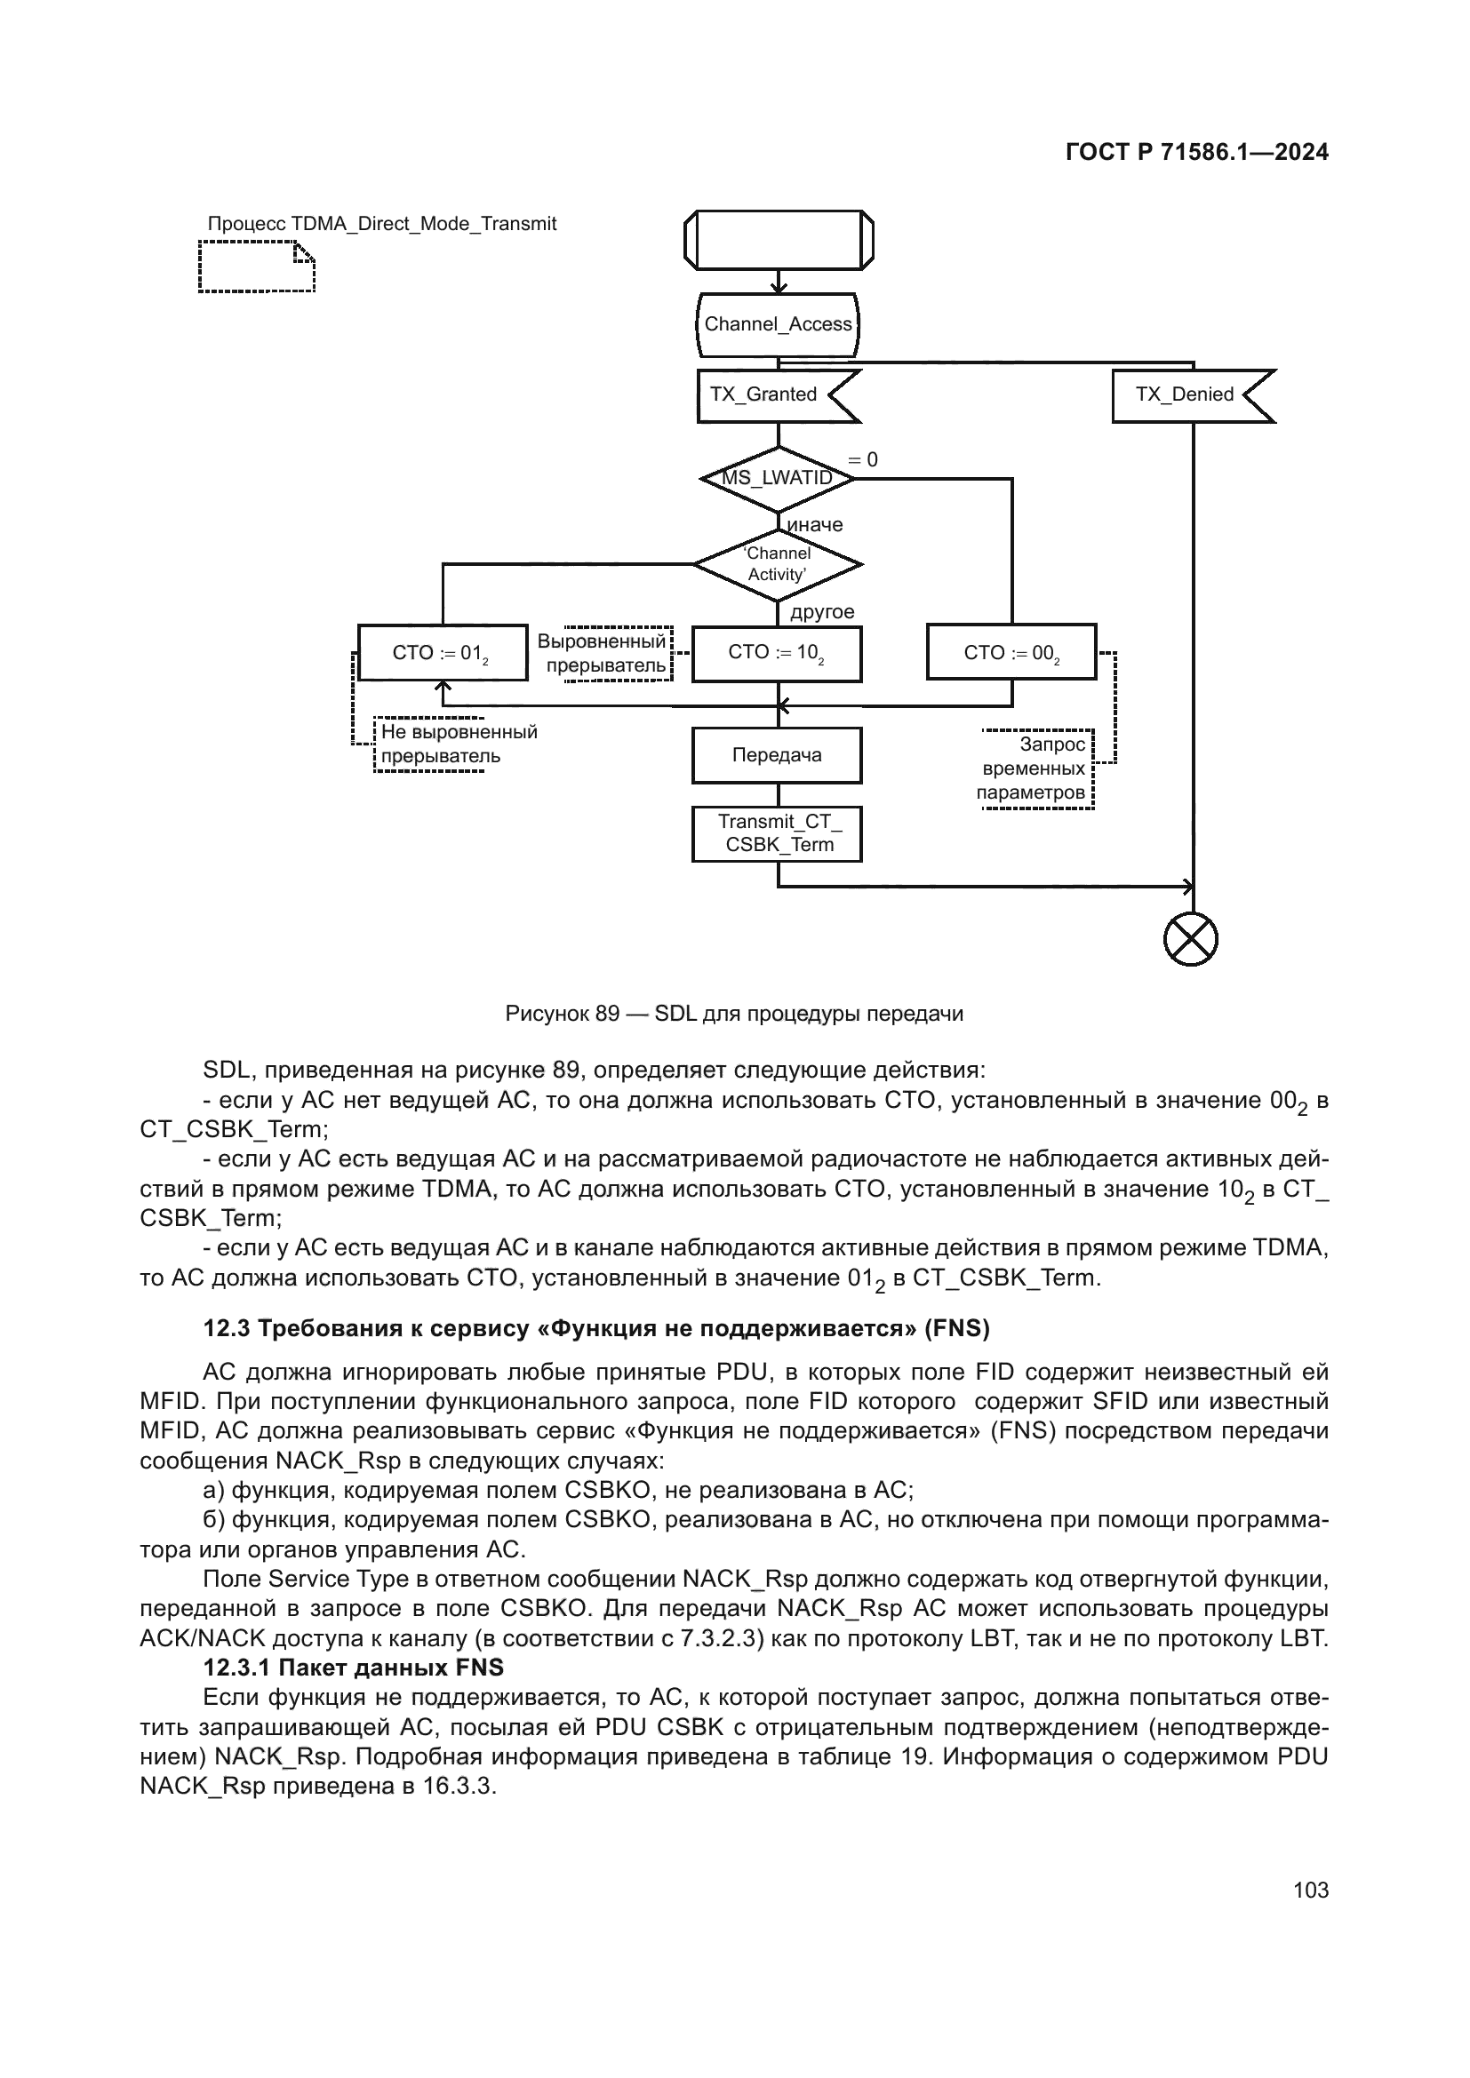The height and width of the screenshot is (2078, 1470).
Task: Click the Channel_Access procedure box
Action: tap(778, 324)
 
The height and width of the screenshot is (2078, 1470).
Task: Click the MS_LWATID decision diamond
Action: tap(778, 478)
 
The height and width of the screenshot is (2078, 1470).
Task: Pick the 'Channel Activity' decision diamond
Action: tap(778, 564)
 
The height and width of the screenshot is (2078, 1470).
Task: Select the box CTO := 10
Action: tap(777, 654)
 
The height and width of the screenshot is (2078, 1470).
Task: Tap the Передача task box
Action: tap(777, 756)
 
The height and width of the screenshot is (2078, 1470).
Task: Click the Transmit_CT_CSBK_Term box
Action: tap(777, 833)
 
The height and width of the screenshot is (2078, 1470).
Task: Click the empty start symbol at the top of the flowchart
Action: tap(779, 240)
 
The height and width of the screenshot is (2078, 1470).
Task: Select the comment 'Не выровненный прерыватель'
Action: tap(458, 744)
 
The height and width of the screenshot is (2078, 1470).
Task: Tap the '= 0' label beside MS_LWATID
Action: tap(863, 460)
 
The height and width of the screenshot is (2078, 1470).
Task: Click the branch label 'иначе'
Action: tap(815, 525)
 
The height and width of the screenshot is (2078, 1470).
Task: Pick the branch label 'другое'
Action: tap(822, 612)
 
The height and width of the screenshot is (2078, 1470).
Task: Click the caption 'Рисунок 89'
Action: tap(561, 1014)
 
